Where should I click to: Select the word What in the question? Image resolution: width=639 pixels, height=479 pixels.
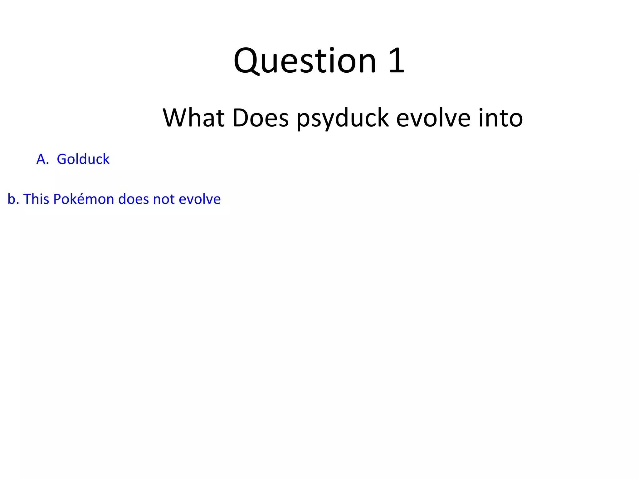coord(193,118)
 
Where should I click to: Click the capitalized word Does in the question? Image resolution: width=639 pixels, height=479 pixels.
coord(261,118)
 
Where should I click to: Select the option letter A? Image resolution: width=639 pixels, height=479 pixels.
coord(41,159)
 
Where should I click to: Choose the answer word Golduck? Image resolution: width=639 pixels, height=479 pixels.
coord(83,159)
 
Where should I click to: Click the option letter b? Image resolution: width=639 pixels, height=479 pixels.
coord(12,199)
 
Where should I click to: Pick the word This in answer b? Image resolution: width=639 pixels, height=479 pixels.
coord(36,199)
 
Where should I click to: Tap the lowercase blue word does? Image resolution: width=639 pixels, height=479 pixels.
coord(134,199)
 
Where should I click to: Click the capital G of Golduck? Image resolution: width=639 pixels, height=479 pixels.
coord(61,159)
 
